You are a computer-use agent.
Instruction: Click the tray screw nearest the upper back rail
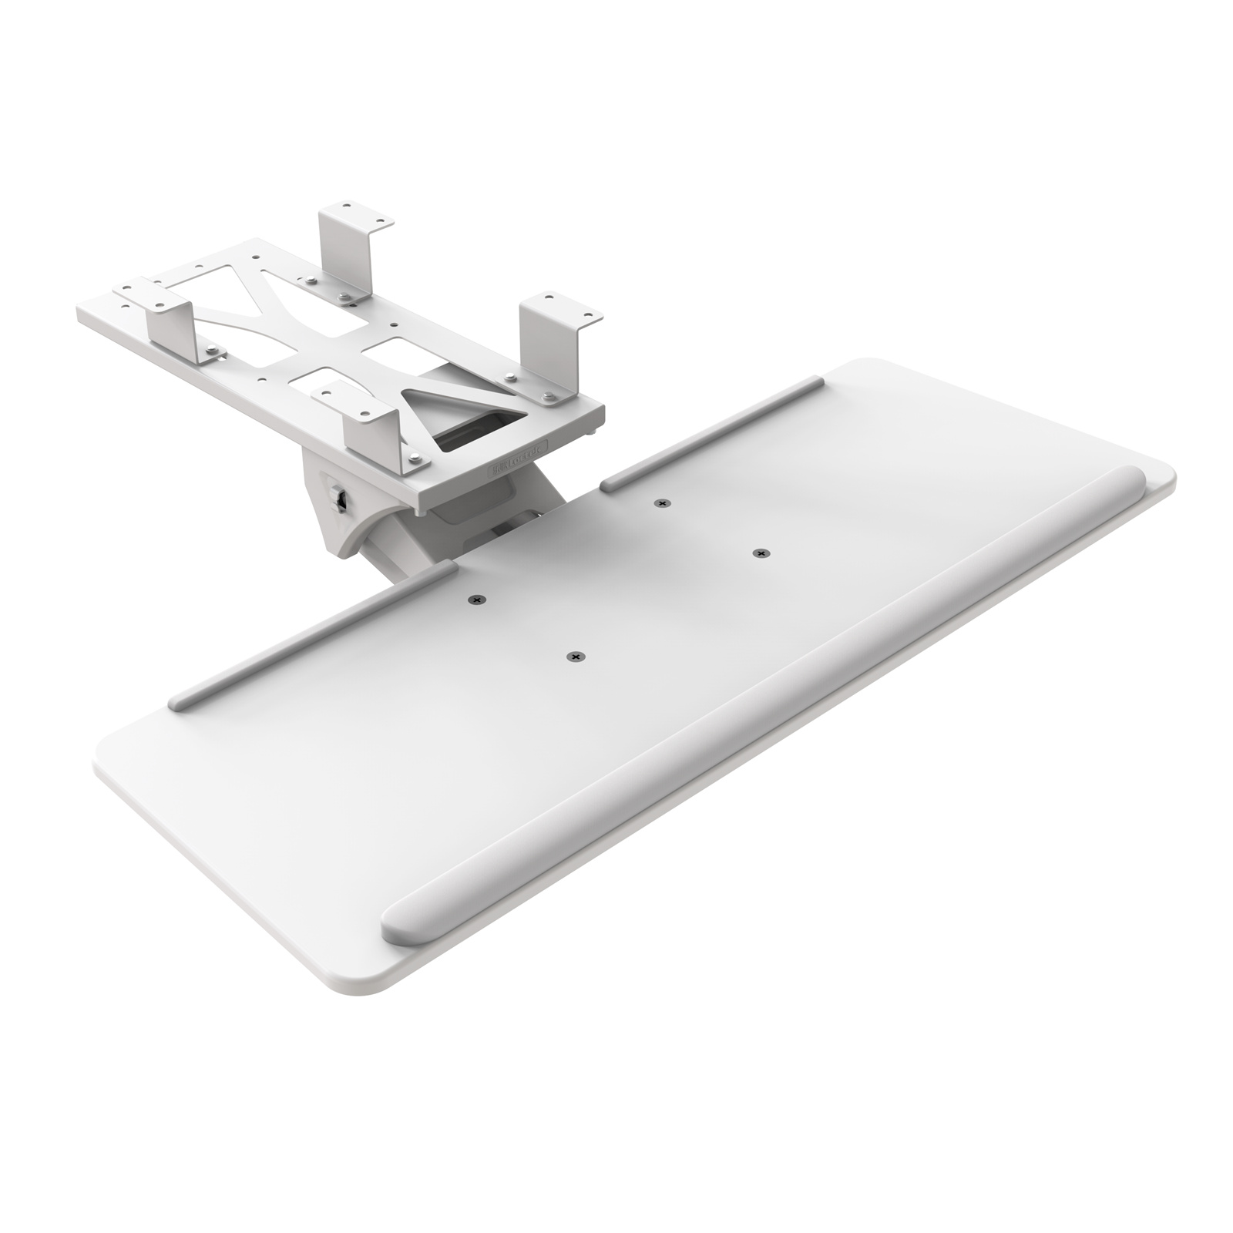coord(661,503)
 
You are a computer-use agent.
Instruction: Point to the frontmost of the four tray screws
coord(573,657)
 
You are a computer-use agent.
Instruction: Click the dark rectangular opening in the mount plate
coord(474,432)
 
